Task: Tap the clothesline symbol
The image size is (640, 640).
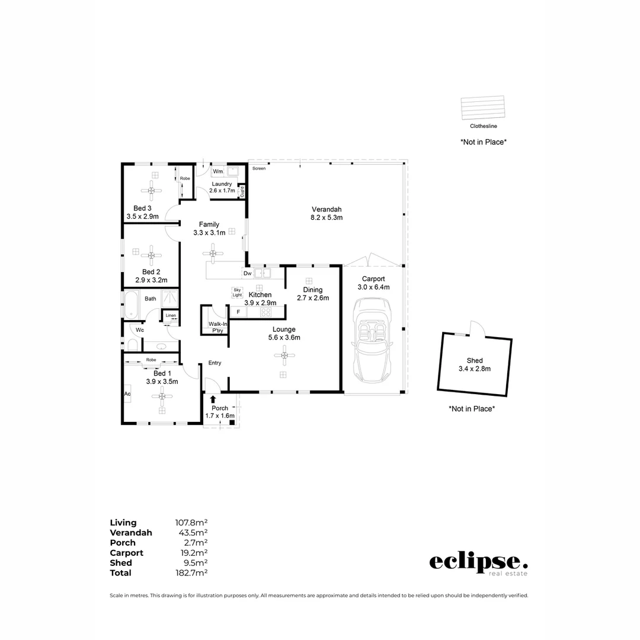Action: pyautogui.click(x=483, y=108)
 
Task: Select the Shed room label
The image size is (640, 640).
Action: pyautogui.click(x=475, y=360)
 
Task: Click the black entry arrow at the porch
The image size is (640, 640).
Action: pyautogui.click(x=213, y=400)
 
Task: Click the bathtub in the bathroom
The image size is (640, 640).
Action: pyautogui.click(x=130, y=305)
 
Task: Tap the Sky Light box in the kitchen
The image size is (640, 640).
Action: pyautogui.click(x=237, y=292)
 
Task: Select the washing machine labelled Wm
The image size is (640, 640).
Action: pyautogui.click(x=218, y=171)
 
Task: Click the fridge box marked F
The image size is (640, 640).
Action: pyautogui.click(x=238, y=312)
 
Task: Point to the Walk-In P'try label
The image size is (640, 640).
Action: pyautogui.click(x=215, y=327)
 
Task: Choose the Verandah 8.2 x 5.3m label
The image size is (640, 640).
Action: pyautogui.click(x=327, y=213)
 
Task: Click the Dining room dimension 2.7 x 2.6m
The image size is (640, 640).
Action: pyautogui.click(x=313, y=298)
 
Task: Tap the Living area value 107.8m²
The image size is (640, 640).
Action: pyautogui.click(x=191, y=523)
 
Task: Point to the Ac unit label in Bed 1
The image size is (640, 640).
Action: pyautogui.click(x=127, y=393)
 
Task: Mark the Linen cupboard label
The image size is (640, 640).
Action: pyautogui.click(x=171, y=316)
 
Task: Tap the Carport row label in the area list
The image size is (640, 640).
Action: pyautogui.click(x=126, y=553)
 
